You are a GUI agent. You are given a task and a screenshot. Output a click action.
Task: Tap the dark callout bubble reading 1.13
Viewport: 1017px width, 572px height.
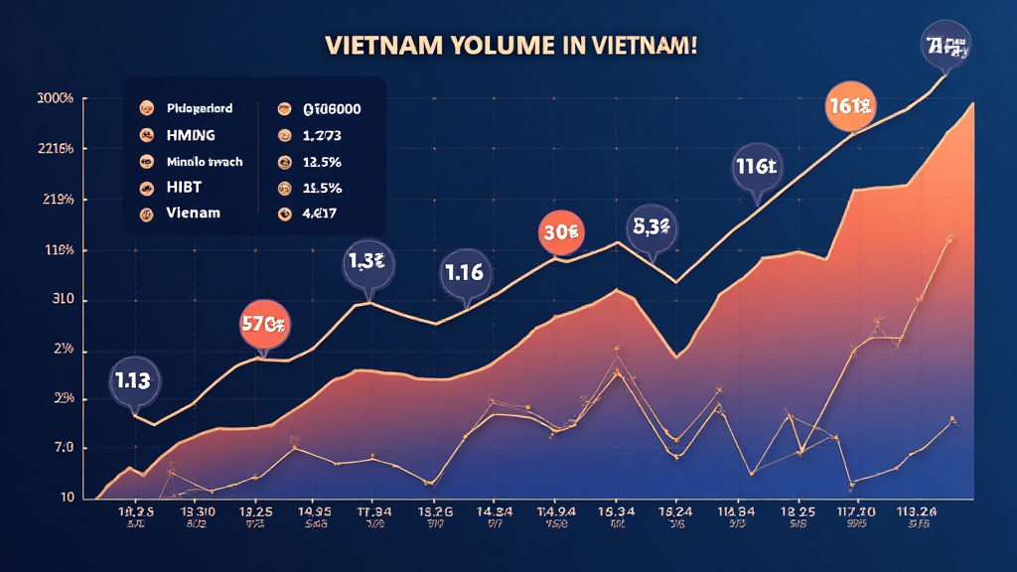(x=132, y=379)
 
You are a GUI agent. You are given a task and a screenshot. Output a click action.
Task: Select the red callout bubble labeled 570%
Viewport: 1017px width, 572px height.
(x=264, y=323)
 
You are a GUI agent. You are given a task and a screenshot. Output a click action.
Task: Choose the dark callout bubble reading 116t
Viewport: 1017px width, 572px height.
(x=756, y=167)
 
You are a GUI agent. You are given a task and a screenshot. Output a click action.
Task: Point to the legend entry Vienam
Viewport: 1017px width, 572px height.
(x=194, y=213)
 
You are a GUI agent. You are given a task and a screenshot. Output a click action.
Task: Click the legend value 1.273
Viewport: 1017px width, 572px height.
(x=322, y=134)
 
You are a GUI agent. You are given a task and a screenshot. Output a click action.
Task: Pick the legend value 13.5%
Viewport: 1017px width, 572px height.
(x=322, y=161)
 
